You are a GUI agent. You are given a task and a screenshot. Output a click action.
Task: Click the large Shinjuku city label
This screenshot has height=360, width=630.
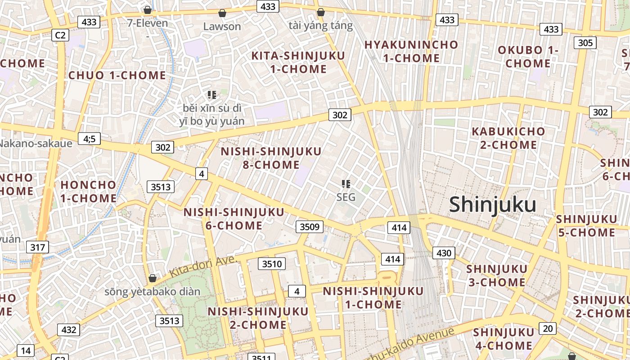click(492, 205)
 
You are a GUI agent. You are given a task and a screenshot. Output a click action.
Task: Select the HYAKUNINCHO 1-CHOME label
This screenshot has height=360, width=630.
click(410, 51)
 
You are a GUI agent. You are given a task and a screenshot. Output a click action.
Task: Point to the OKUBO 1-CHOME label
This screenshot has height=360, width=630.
click(527, 57)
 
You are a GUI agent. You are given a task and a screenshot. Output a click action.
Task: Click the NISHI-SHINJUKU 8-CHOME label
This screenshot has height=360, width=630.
click(271, 158)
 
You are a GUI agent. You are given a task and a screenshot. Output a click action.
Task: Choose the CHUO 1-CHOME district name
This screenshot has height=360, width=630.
click(117, 75)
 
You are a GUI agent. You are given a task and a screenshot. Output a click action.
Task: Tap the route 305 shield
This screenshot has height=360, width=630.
click(585, 43)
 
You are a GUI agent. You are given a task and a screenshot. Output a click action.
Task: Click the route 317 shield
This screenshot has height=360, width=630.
click(38, 247)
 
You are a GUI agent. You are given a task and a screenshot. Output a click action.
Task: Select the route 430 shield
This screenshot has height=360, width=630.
click(444, 253)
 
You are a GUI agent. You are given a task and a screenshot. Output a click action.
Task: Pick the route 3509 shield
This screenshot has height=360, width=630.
click(310, 226)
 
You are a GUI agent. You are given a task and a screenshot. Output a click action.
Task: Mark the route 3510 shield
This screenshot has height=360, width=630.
click(272, 264)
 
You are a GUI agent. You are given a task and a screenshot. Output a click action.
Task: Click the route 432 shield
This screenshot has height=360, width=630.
click(68, 330)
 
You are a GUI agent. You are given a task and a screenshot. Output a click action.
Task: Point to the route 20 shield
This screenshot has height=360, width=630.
click(547, 328)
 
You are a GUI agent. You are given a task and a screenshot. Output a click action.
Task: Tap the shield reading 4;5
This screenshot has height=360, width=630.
click(89, 139)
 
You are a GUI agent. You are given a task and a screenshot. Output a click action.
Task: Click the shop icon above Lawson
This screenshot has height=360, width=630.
click(222, 13)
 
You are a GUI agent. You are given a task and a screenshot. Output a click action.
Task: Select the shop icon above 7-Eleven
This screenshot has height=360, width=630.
click(147, 9)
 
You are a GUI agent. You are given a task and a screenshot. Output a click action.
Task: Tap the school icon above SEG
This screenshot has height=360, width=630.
click(346, 184)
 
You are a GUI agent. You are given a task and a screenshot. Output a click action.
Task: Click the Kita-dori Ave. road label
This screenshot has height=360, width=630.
click(203, 266)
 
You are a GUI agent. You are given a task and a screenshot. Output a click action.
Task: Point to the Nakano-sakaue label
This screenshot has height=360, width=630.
click(36, 144)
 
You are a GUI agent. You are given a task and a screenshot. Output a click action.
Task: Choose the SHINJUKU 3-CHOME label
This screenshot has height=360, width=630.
click(496, 275)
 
